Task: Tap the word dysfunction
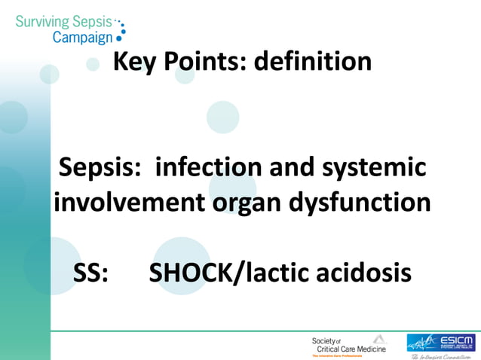coord(367,202)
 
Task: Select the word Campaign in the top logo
coord(82,36)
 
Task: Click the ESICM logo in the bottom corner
coord(442,343)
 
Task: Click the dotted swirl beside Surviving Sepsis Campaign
coord(120,28)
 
